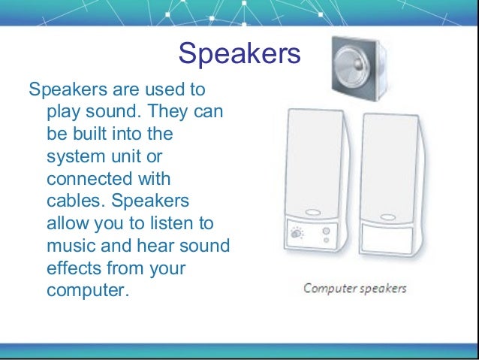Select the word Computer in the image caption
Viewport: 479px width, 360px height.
[x=328, y=289]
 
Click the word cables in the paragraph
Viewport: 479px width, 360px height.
[x=74, y=202]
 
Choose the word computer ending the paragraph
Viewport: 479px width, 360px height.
[x=84, y=290]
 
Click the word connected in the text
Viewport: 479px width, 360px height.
[x=87, y=180]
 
